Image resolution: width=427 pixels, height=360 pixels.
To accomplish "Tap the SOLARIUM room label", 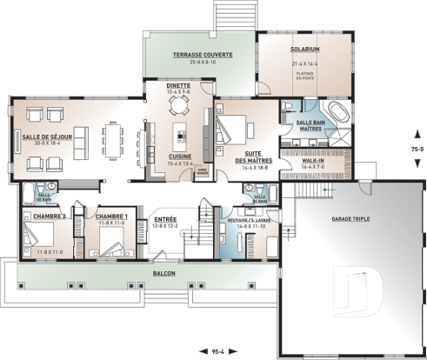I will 306,50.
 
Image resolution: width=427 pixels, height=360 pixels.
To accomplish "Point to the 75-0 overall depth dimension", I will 417,149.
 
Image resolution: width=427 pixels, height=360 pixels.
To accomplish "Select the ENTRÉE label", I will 166,219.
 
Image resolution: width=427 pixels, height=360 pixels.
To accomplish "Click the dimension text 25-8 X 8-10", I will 201,63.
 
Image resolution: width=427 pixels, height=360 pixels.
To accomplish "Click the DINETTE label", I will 179,86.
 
